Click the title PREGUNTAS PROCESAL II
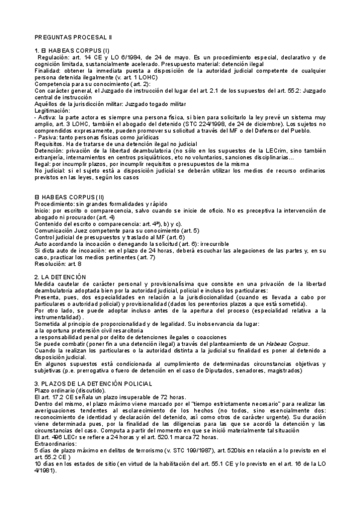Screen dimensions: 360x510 point(69,37)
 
